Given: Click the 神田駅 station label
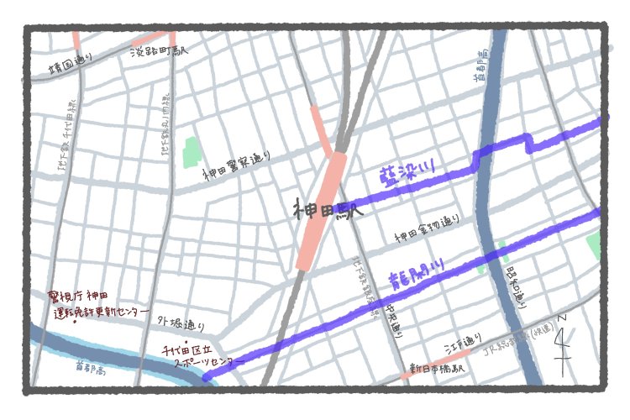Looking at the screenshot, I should coord(328,211).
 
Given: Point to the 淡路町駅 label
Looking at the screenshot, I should coord(160,52).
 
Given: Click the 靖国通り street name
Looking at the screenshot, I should coord(70,64).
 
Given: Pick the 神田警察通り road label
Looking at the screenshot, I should coord(237,165).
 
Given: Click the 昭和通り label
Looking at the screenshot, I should coord(517,286).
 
